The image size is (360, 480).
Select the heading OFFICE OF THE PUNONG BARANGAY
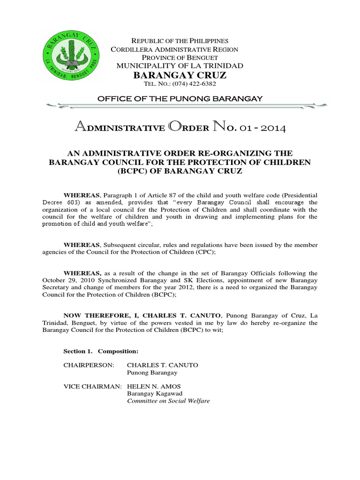click(x=180, y=98)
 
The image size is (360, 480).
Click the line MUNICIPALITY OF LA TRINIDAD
click(x=180, y=66)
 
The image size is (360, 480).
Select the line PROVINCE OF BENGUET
click(x=180, y=57)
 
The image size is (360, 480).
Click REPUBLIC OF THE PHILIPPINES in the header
click(x=180, y=41)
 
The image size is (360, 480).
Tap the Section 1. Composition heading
click(x=100, y=351)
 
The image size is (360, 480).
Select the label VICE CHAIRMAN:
click(x=92, y=386)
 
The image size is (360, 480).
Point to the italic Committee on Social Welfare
click(x=168, y=401)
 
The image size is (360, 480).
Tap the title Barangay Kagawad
click(x=155, y=393)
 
